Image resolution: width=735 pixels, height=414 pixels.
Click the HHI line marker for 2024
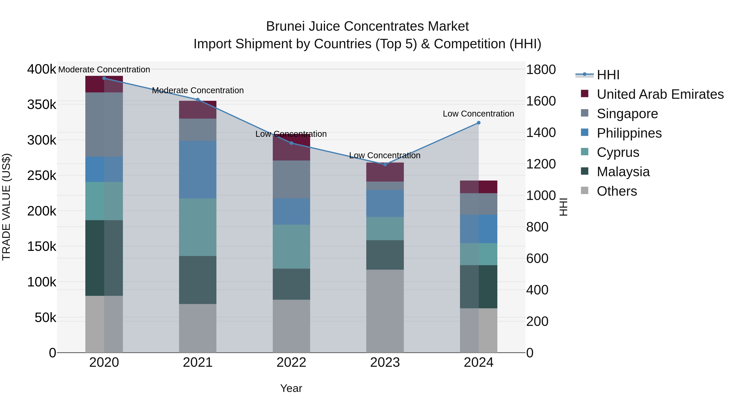(479, 123)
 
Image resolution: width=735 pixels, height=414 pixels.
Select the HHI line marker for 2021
(198, 100)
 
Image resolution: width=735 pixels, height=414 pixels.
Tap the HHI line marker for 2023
(385, 165)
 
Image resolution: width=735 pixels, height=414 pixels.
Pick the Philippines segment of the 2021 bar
(198, 169)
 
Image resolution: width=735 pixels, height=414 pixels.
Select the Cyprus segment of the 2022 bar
(291, 247)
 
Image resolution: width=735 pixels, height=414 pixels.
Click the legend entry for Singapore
(627, 114)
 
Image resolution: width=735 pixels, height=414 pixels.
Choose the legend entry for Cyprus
(618, 152)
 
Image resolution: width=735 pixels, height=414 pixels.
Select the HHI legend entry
(608, 75)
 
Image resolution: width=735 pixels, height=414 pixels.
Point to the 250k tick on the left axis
(42, 175)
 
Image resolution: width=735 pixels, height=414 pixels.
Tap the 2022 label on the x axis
(291, 362)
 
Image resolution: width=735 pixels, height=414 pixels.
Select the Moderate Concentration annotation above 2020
(104, 70)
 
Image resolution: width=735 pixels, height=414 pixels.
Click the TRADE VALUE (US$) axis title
(7, 207)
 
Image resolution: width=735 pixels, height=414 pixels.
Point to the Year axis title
(291, 388)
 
